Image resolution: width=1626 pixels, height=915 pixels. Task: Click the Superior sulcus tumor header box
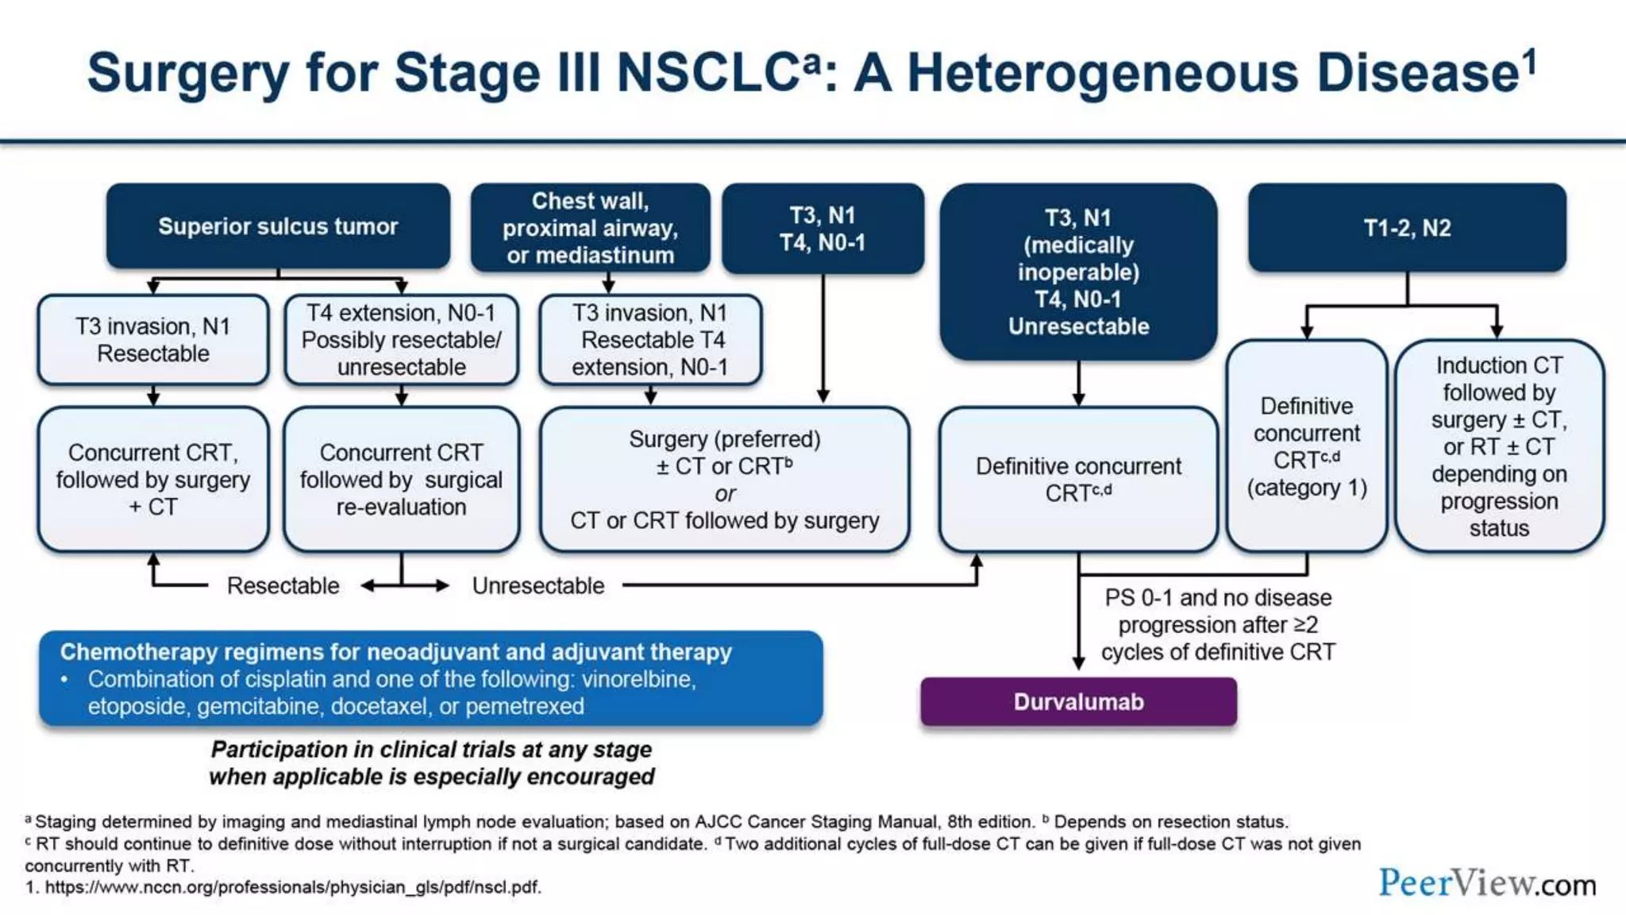[278, 226]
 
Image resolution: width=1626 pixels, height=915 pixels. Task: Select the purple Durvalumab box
[1078, 702]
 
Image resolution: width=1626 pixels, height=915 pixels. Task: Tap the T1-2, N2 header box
[1407, 228]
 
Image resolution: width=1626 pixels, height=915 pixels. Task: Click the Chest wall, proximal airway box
[590, 228]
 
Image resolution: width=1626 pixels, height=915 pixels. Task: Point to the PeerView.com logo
[1486, 883]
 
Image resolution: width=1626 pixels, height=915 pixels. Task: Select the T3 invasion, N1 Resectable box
[153, 340]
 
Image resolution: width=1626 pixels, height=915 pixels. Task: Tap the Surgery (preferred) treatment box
[724, 480]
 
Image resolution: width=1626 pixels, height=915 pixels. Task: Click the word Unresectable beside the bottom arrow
[538, 586]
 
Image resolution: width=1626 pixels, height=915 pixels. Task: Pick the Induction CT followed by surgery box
[1499, 446]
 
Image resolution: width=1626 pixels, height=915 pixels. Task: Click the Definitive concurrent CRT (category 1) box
[1307, 446]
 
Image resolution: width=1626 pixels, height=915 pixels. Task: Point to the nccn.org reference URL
[292, 887]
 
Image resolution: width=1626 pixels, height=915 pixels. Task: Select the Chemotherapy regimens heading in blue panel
[395, 652]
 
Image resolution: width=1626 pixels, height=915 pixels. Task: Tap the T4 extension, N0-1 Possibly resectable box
[401, 340]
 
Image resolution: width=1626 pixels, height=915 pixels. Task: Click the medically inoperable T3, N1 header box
[1078, 272]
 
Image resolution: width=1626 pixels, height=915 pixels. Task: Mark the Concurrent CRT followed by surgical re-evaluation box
[401, 480]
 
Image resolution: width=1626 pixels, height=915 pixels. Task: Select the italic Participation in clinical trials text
[431, 762]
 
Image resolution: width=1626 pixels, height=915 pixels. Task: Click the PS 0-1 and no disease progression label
[1218, 624]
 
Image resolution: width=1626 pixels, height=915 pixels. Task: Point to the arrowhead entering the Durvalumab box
[1078, 664]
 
